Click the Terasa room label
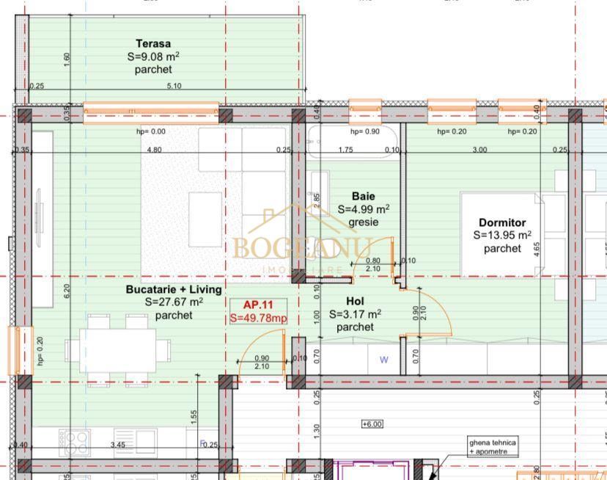(x=153, y=43)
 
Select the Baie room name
(x=363, y=197)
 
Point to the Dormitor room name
(x=502, y=222)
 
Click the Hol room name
(x=355, y=301)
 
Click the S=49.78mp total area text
(x=258, y=318)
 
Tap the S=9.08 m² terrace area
(x=153, y=56)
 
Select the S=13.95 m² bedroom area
(x=502, y=236)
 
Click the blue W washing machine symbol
(x=383, y=360)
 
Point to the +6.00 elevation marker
(x=372, y=423)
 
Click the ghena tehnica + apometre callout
(x=493, y=447)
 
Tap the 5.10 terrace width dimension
(x=174, y=86)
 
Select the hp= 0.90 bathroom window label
(x=364, y=132)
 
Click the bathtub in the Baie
(x=353, y=142)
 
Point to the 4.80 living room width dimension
(x=154, y=150)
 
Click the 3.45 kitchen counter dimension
(x=117, y=445)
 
